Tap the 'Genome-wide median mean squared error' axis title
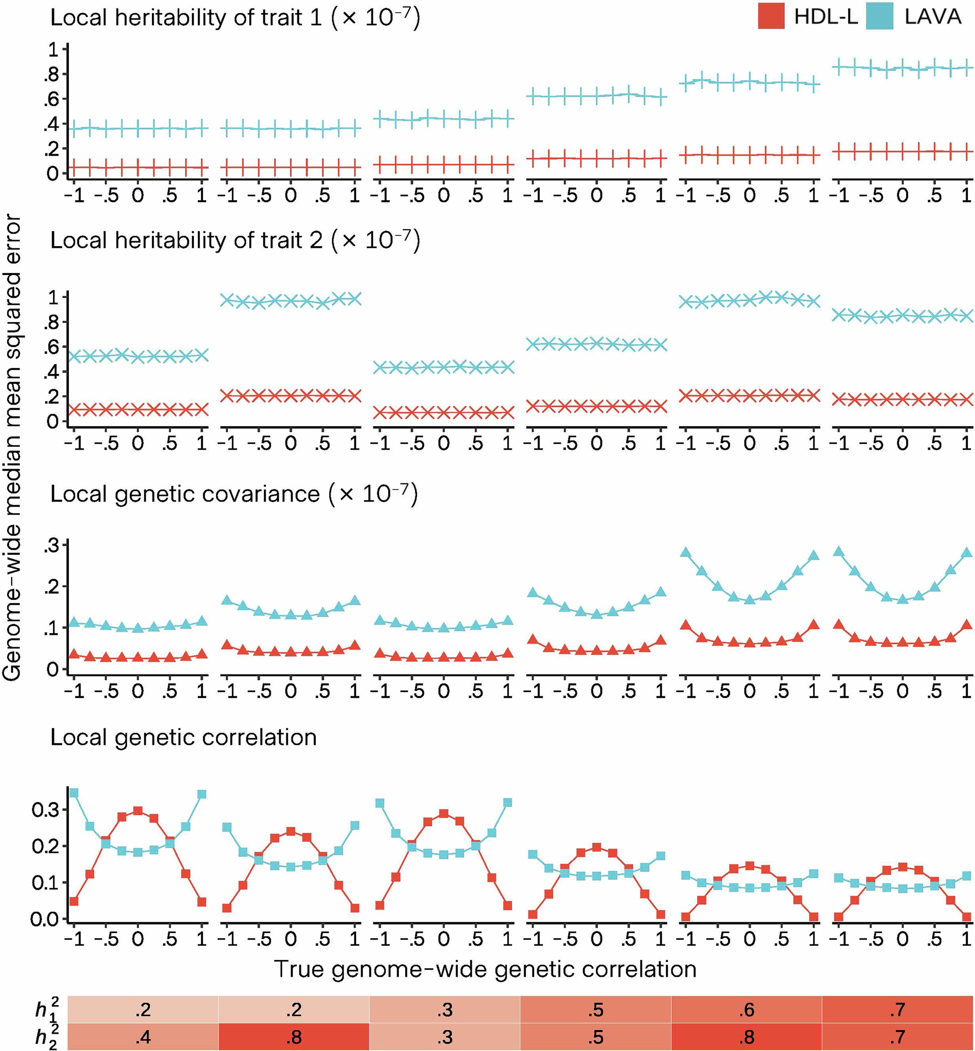coord(12,449)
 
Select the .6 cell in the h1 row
coord(747,1009)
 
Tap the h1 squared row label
coord(46,1009)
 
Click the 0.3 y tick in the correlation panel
coord(46,810)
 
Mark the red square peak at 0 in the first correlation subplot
coord(138,811)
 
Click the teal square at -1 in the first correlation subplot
coord(74,793)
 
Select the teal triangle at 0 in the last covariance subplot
coord(902,599)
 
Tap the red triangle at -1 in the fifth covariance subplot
coord(685,625)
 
